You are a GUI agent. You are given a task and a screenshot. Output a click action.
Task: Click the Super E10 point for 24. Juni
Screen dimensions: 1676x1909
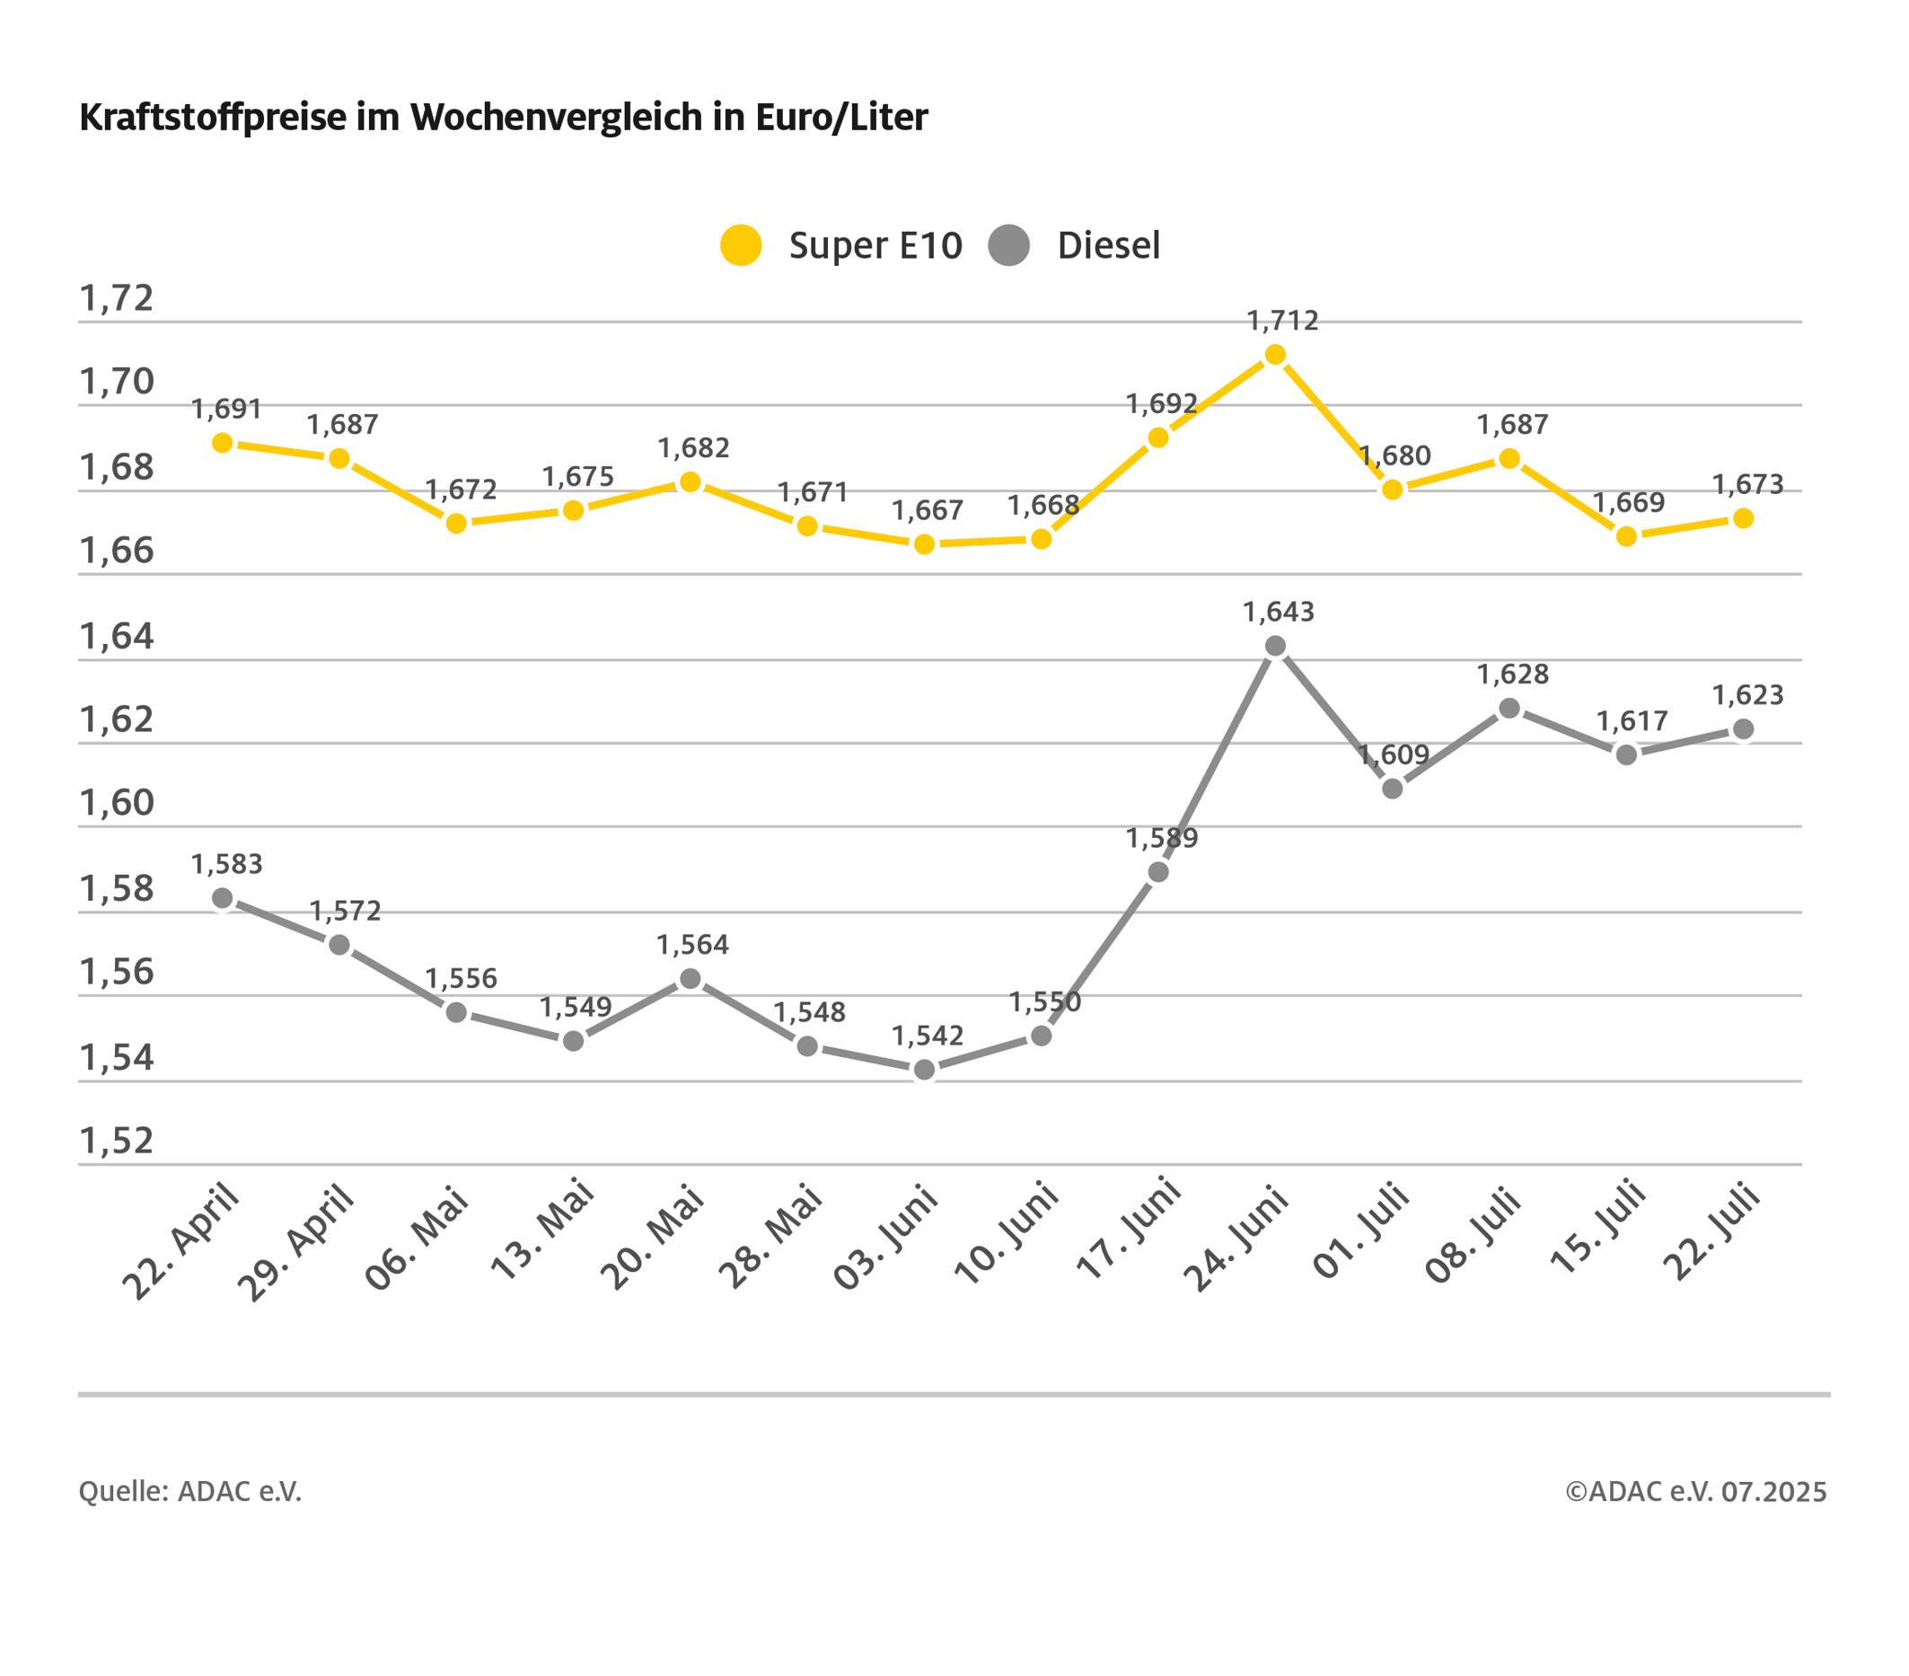point(1275,355)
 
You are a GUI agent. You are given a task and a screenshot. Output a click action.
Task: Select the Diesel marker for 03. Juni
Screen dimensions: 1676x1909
point(925,1070)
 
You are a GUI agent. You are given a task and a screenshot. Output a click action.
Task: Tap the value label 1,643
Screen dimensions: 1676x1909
point(1278,613)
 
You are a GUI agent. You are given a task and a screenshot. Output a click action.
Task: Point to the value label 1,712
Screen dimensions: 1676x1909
point(1282,322)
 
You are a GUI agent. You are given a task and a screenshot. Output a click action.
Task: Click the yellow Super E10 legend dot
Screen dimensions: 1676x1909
point(741,246)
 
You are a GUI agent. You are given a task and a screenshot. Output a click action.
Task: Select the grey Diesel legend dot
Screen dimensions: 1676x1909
point(1008,246)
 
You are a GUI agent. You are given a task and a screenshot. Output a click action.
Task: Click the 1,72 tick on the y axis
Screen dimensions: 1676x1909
point(117,299)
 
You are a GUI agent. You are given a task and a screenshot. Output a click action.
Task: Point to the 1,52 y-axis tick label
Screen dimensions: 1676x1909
point(117,1142)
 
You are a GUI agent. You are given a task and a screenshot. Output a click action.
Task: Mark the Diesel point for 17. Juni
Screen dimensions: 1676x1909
point(1158,872)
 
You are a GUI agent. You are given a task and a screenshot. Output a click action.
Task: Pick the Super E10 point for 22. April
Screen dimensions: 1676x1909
point(223,443)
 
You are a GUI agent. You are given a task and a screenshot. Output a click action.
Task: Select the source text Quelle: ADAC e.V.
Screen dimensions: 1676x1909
point(190,1492)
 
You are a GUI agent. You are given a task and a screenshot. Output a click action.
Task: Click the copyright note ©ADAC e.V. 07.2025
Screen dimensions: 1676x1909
point(1695,1492)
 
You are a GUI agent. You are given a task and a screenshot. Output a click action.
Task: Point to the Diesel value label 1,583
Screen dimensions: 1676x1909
point(227,865)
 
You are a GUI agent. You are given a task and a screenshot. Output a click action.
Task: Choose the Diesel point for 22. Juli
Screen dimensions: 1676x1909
point(1743,729)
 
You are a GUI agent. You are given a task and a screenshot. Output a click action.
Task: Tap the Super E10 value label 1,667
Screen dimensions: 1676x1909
point(927,511)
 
